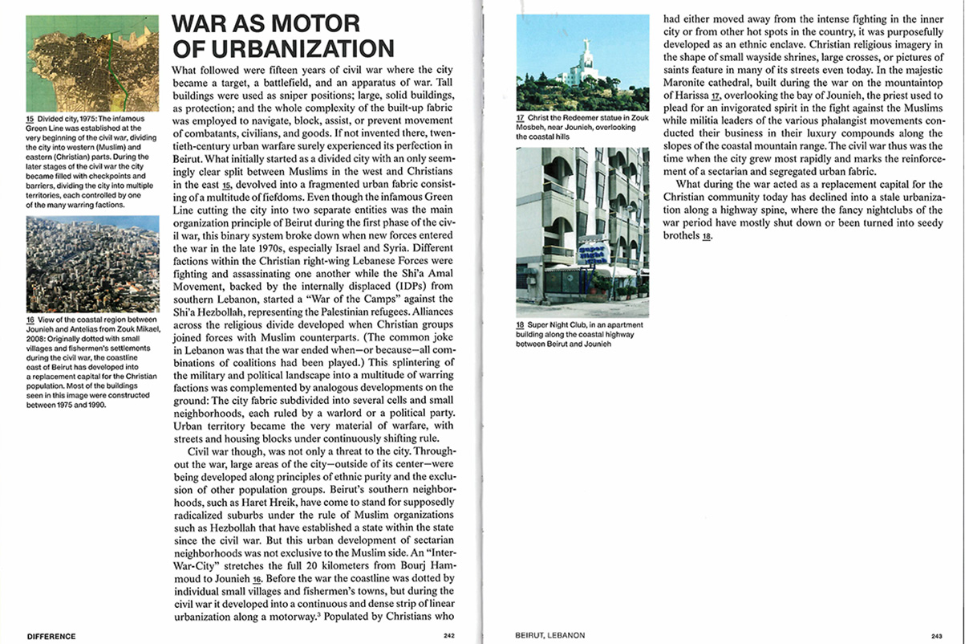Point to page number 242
449,636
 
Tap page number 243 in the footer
937,636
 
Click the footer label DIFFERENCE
51,636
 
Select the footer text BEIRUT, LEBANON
549,636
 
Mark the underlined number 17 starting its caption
521,119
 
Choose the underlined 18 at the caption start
521,325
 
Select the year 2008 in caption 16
37,337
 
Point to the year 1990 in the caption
94,404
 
